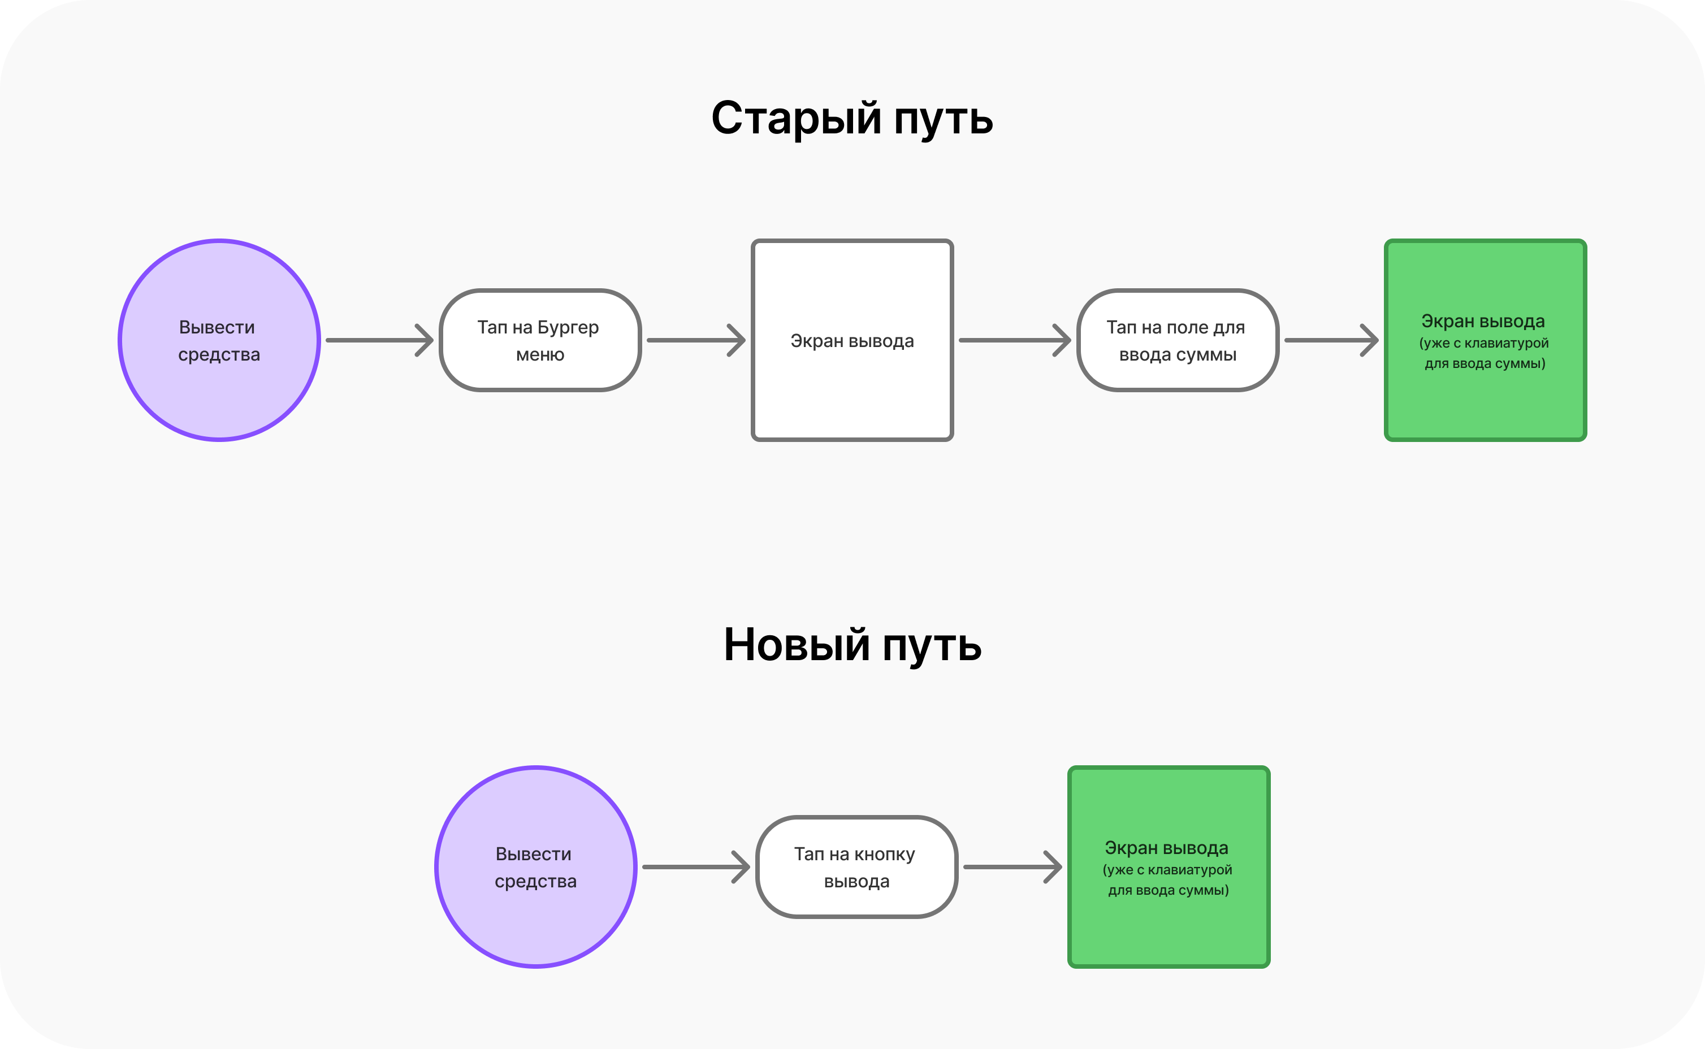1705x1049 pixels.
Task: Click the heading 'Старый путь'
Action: pos(852,118)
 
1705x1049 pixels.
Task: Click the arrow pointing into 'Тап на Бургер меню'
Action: pos(379,340)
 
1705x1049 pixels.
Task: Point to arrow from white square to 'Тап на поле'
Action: pos(1014,340)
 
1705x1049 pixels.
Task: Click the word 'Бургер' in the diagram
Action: pos(568,327)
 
